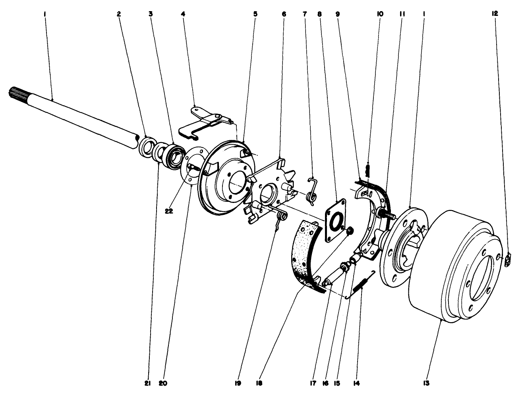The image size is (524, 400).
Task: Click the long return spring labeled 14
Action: point(361,284)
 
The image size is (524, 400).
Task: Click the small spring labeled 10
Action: point(368,171)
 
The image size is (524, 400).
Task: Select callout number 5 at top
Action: point(255,14)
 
